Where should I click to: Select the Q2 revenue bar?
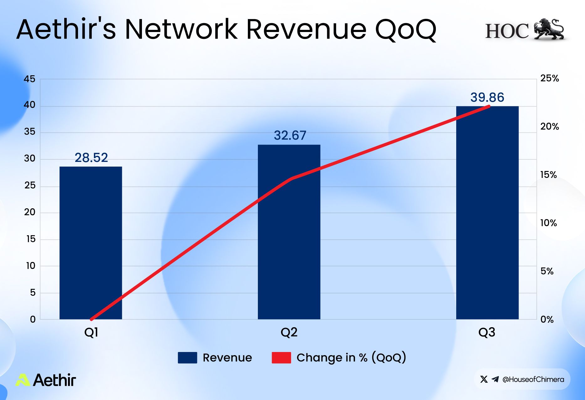coord(289,232)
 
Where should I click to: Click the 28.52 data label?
coord(91,157)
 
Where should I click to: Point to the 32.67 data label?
coord(290,135)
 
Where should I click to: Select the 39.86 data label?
coord(487,97)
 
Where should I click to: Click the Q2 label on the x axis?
coord(289,332)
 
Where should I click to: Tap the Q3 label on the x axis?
coord(487,332)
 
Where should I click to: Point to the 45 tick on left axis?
coord(30,79)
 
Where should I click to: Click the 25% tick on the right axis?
coord(550,78)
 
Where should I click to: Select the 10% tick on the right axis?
coord(548,223)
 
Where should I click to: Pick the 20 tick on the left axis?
coord(30,212)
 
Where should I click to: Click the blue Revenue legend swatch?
coord(187,358)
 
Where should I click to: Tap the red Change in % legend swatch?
coord(281,358)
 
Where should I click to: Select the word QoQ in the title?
coord(406,30)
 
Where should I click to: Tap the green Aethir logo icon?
coord(23,380)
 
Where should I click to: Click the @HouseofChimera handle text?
coord(533,379)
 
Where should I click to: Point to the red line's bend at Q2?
coord(292,179)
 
